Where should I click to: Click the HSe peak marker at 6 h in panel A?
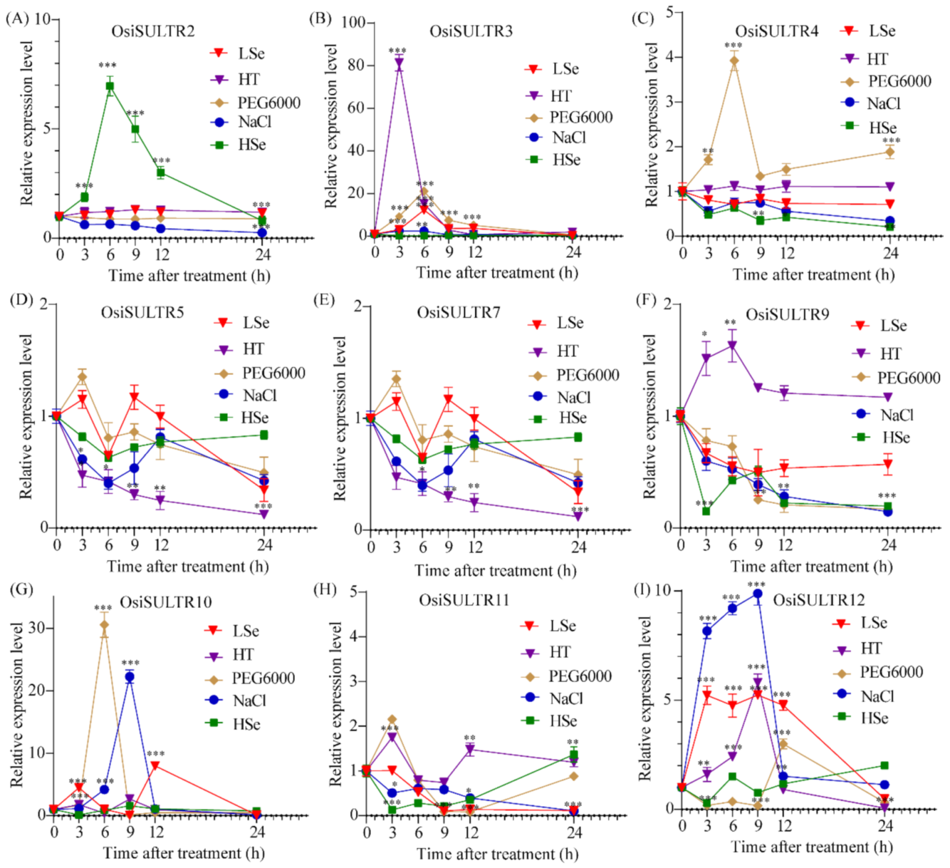[110, 86]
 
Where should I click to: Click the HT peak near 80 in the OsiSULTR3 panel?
[399, 63]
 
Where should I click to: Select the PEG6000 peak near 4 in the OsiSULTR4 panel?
[734, 60]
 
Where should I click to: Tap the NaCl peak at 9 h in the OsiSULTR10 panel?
[130, 677]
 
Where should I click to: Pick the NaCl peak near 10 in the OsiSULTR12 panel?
[757, 594]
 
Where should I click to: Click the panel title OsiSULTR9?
[787, 315]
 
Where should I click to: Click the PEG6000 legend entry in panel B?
[570, 117]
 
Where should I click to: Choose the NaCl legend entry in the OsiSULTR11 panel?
[554, 698]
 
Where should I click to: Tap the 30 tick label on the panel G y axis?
[37, 628]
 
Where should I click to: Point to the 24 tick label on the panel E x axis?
[578, 547]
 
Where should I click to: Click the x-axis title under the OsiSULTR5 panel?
[188, 566]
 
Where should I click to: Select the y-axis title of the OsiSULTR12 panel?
[645, 698]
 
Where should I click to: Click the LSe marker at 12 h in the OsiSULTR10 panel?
[155, 766]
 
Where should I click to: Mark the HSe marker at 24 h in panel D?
[264, 435]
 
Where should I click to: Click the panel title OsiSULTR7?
[458, 312]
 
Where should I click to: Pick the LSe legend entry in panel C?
[869, 31]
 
